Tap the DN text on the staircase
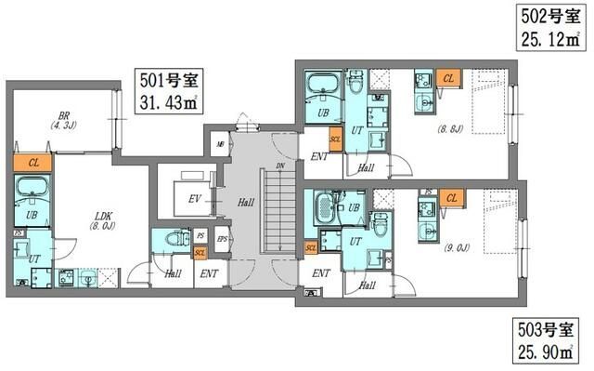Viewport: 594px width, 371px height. [x=279, y=166]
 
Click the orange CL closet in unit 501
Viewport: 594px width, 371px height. [x=32, y=163]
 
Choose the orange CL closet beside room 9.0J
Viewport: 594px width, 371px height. [x=453, y=198]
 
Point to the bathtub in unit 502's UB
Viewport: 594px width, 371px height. [x=324, y=88]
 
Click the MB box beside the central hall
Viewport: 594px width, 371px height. [x=220, y=144]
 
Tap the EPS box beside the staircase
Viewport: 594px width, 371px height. [x=221, y=238]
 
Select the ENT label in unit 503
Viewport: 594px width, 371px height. [x=321, y=273]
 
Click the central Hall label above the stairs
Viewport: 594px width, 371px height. [x=245, y=201]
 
